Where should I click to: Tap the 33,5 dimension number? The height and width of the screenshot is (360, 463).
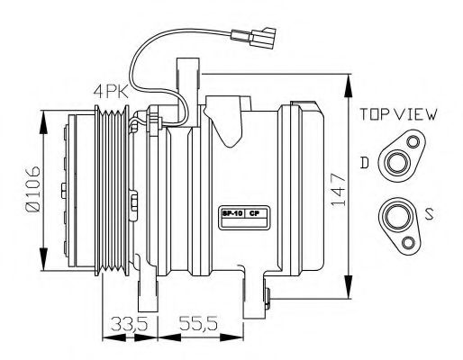tap(126, 324)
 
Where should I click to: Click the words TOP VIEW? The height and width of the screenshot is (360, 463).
tap(398, 114)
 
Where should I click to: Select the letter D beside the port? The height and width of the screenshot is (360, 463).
tap(365, 162)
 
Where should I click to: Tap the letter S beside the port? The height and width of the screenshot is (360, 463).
tap(431, 214)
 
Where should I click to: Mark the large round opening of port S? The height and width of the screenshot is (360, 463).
tap(394, 215)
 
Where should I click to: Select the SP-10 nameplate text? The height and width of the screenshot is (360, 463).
tap(231, 214)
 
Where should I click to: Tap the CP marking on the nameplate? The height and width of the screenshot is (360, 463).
tap(255, 214)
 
